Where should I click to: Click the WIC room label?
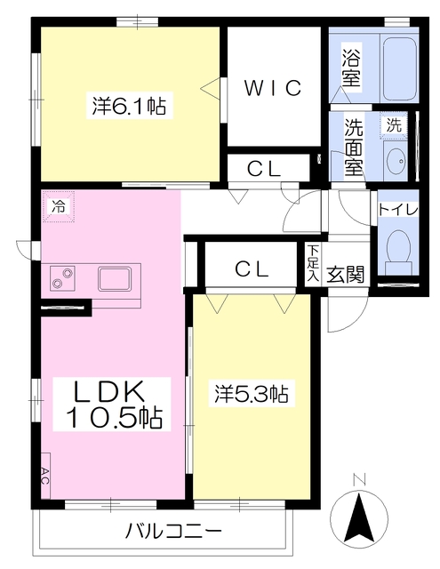point(273,87)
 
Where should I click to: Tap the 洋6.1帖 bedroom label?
point(129,106)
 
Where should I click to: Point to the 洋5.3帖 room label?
point(252,394)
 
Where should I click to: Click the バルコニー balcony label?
point(173,533)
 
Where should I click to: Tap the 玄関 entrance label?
point(345,274)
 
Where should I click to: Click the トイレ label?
point(398,210)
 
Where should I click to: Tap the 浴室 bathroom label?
point(351,68)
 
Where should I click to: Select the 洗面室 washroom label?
point(353,147)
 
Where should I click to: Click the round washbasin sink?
point(396,163)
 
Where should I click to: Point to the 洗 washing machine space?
point(394,125)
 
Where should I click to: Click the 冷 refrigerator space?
point(59,206)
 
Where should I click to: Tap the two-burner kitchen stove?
point(62,277)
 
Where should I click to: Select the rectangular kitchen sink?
point(115,278)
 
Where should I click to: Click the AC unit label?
point(45,476)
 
